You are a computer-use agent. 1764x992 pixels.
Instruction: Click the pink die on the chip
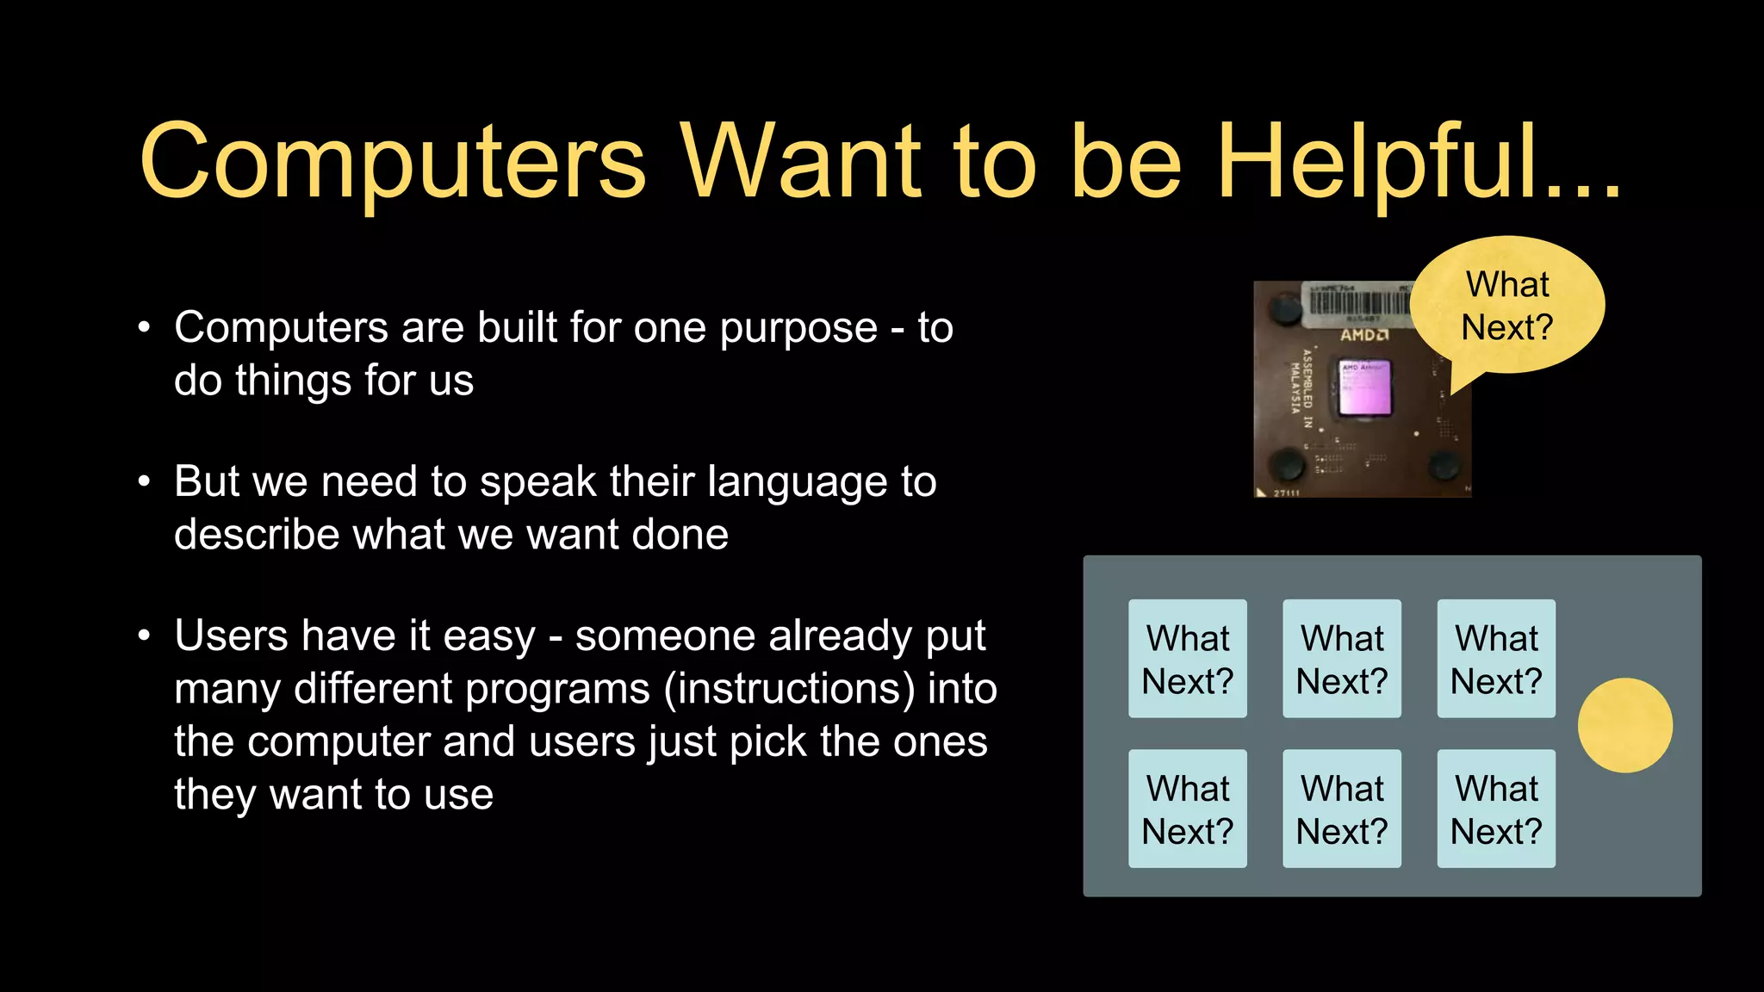[x=1365, y=389]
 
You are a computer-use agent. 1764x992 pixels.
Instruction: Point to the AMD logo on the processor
[x=1363, y=334]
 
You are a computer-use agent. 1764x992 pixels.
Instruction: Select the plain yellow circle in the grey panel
[x=1624, y=725]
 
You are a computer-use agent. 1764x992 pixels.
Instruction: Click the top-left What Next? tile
[x=1187, y=659]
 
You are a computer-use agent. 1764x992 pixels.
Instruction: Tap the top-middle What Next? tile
[x=1341, y=659]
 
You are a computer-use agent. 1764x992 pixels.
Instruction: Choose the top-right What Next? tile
[x=1496, y=659]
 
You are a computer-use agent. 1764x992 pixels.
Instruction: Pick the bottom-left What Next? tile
[x=1187, y=809]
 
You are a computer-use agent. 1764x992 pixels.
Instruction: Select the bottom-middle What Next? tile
[x=1341, y=809]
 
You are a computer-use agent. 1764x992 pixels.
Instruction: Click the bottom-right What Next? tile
[x=1496, y=809]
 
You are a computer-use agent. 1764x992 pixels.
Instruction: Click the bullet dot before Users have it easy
[x=145, y=636]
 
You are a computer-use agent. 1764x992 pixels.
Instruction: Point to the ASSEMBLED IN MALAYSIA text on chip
[x=1301, y=387]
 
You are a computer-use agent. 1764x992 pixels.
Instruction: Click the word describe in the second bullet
[x=257, y=535]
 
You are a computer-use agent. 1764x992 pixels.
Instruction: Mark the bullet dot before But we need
[x=145, y=482]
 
